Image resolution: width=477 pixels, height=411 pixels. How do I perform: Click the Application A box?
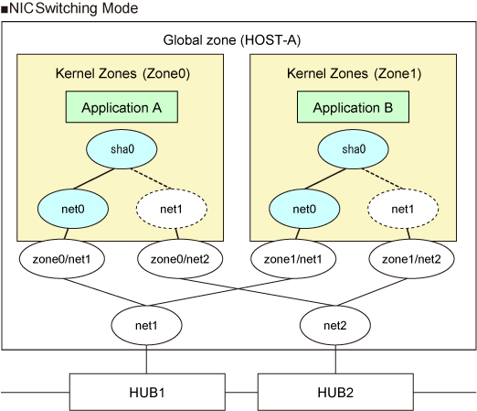122,107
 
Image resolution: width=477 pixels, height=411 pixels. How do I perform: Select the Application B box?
353,107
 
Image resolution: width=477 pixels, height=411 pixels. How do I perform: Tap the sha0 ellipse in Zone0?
122,149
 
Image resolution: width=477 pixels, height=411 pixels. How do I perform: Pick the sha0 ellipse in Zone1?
353,149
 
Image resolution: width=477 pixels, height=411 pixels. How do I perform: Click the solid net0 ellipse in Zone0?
73,209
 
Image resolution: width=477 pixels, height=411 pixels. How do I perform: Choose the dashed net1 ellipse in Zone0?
172,209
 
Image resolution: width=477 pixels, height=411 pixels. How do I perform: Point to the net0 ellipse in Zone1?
304,209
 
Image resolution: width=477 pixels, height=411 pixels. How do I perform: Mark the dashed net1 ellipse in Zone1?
403,209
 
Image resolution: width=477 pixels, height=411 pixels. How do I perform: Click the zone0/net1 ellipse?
62,259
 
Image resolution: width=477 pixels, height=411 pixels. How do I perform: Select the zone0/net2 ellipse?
180,259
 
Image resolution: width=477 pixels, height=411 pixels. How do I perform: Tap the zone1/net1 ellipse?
293,259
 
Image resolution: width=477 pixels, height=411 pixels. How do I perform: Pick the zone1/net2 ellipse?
411,259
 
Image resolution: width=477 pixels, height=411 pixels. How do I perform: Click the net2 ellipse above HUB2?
335,325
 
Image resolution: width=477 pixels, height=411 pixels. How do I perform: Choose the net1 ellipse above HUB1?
146,325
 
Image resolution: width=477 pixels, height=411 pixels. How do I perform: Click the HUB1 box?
147,392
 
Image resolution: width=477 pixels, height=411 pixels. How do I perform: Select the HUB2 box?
335,392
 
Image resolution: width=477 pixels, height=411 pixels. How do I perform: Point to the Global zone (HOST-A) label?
232,40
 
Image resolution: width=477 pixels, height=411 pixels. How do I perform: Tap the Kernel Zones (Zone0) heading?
122,73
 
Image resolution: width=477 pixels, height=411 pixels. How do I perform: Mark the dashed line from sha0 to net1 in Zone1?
383,178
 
